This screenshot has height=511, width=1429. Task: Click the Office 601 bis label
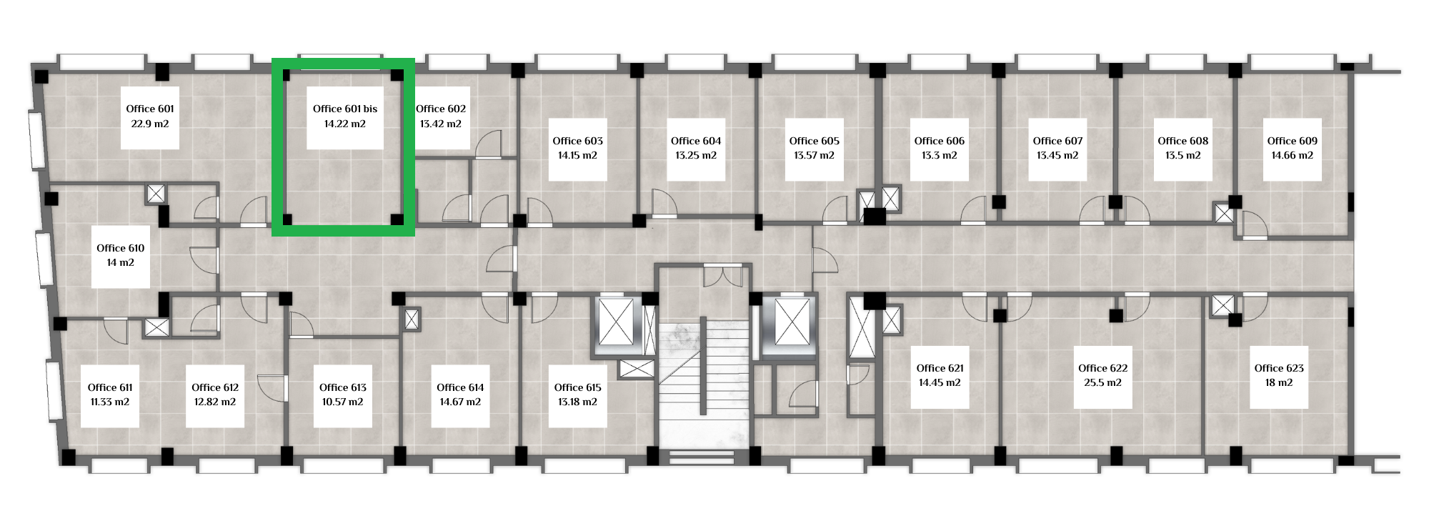pos(345,109)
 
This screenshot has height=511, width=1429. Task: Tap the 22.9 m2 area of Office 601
pos(150,124)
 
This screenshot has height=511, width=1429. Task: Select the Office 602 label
pos(441,109)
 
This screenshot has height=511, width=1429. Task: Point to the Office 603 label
pos(578,141)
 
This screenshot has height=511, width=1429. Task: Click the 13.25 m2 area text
pos(696,155)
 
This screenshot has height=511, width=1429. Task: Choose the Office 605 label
pos(815,141)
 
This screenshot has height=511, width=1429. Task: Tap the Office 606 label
pos(940,141)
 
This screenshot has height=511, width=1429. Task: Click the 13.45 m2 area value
pos(1057,155)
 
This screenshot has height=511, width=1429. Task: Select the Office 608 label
pos(1183,141)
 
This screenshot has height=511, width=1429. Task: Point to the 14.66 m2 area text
pos(1293,155)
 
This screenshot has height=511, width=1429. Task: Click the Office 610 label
pos(121,248)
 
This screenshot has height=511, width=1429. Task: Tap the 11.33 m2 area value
pos(110,402)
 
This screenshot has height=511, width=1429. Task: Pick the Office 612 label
pos(215,387)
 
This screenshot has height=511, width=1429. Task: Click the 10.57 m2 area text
pos(343,402)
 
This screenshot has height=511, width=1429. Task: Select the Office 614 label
pos(460,387)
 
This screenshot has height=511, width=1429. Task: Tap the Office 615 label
pos(578,387)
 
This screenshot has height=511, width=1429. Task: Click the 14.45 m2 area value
pos(940,382)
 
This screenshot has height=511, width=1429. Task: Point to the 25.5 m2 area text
pos(1103,382)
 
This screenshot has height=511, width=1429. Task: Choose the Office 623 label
pos(1279,368)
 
